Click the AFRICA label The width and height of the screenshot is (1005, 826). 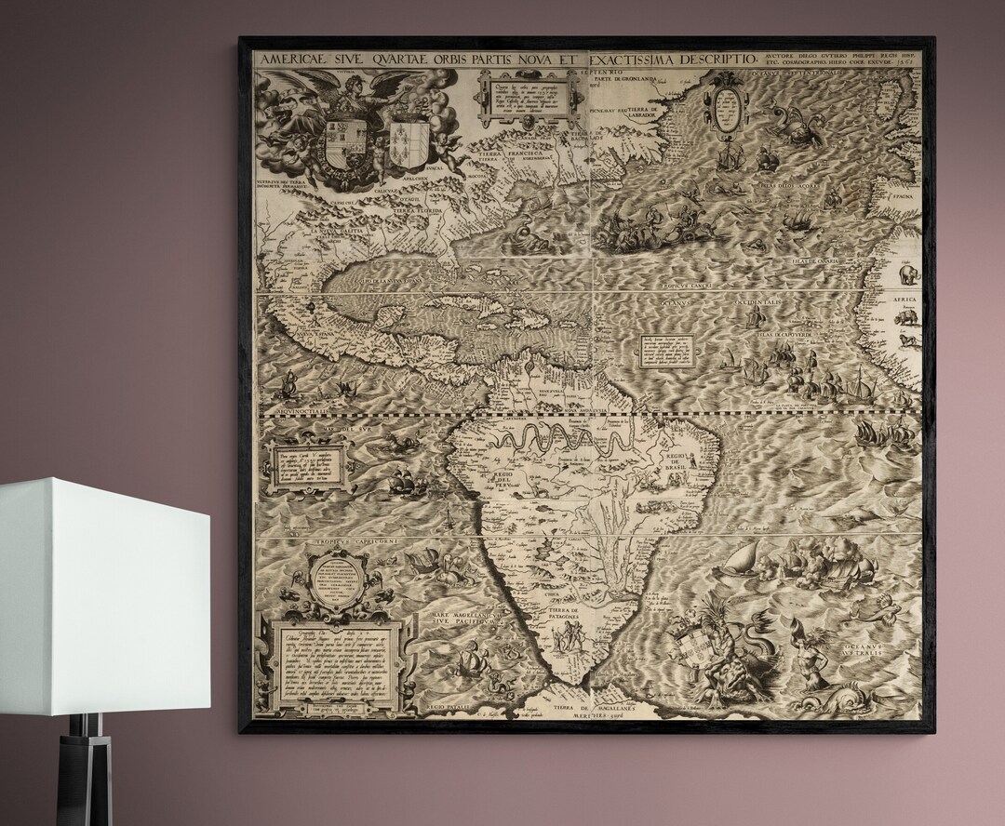tap(904, 300)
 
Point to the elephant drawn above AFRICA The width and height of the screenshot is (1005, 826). tap(905, 276)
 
